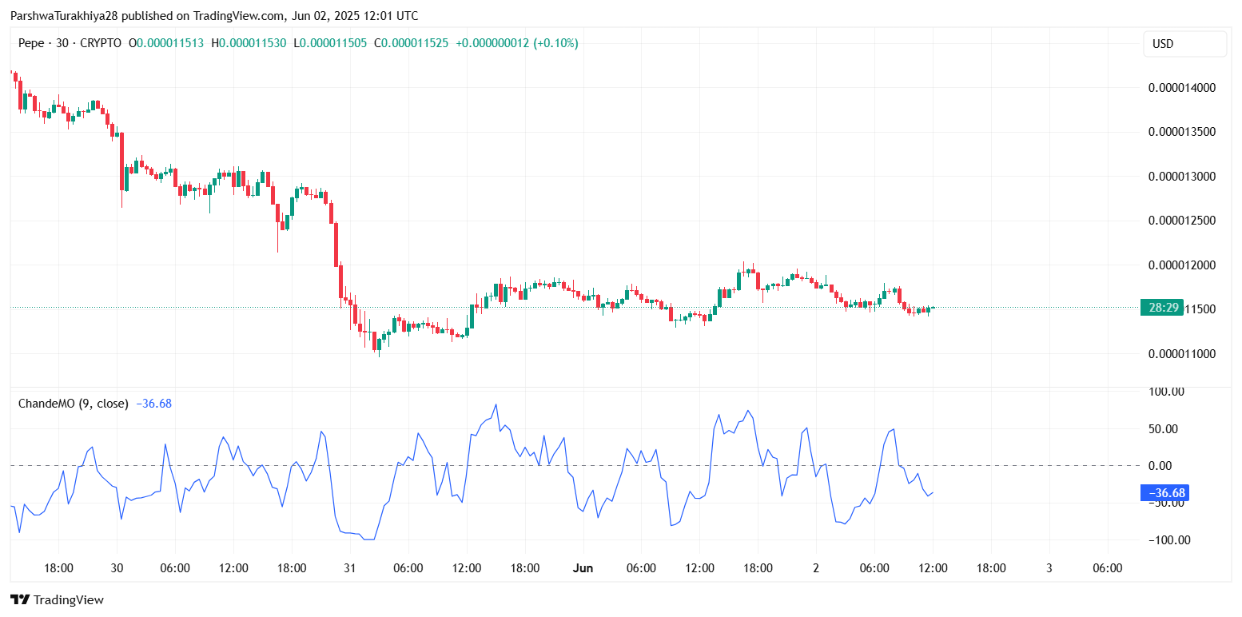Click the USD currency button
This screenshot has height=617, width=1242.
tap(1184, 44)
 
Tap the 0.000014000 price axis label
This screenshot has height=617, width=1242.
tap(1182, 88)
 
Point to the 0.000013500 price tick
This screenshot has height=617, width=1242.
tap(1182, 132)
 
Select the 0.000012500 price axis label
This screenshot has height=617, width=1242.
tap(1182, 221)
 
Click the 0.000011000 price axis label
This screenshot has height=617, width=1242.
tap(1182, 353)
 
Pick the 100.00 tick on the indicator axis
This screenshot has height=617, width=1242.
tap(1166, 392)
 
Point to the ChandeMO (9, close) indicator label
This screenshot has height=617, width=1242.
tap(73, 404)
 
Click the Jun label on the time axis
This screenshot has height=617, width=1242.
tap(583, 568)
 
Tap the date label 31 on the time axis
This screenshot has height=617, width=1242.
tap(349, 568)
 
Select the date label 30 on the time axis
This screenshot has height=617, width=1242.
tap(117, 568)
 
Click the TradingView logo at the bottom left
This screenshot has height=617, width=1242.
tap(57, 599)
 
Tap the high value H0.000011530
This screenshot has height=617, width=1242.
tap(249, 43)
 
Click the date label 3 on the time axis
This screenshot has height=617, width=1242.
tap(1049, 568)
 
